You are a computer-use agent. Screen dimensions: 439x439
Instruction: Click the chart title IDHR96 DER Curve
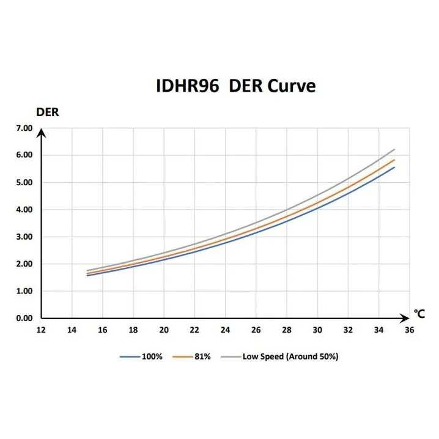click(235, 86)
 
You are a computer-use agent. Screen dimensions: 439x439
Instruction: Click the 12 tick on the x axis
click(41, 330)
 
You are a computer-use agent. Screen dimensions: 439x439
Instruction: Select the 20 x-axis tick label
click(164, 330)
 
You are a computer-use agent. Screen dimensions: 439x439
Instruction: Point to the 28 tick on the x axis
click(287, 330)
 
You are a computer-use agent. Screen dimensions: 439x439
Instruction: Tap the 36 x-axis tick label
click(410, 330)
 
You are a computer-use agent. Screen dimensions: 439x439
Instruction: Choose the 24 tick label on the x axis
click(226, 330)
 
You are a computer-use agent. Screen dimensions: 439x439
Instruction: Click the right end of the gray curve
click(394, 150)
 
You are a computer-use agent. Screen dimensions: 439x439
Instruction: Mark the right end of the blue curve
click(394, 168)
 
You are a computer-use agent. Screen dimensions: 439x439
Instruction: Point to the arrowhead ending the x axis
click(405, 319)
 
